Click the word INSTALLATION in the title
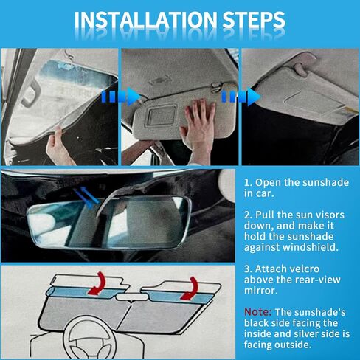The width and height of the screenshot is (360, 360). tap(145, 19)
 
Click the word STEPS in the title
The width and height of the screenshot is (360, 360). tap(254, 19)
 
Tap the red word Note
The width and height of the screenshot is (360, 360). tap(257, 312)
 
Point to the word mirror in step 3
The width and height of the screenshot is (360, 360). tap(260, 291)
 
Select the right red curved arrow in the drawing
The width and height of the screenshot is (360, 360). tap(190, 288)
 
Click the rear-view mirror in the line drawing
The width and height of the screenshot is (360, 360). tap(132, 297)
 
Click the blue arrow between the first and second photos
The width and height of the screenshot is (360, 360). tap(120, 96)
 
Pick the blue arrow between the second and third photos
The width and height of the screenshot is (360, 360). tap(241, 96)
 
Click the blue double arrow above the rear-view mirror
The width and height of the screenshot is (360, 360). tap(87, 196)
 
